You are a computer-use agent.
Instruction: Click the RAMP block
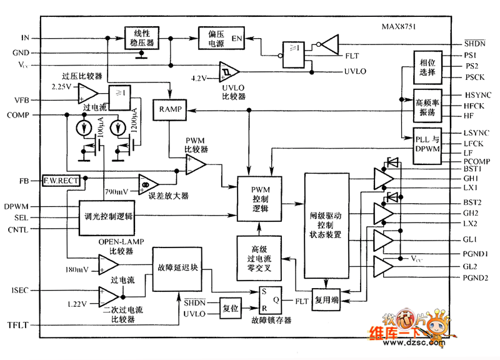coord(170,109)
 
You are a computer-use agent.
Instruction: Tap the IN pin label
coord(24,38)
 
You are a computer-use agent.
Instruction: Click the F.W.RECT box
coord(61,181)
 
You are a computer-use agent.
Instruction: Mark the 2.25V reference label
coord(62,86)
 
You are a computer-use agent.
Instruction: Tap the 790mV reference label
coord(118,190)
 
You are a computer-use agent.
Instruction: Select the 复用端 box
coord(326,300)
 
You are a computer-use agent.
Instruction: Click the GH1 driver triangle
coord(383,177)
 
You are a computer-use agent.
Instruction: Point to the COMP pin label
coord(22,115)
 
